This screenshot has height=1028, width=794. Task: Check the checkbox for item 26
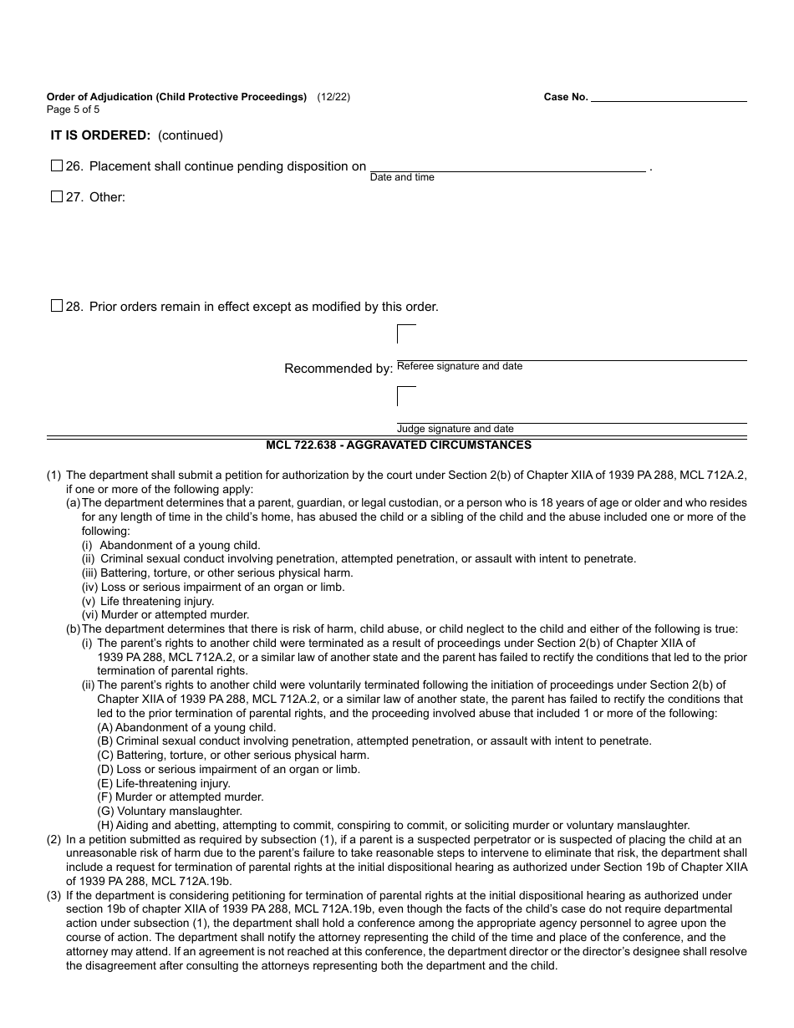[57, 165]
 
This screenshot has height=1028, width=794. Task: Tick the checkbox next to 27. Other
[57, 197]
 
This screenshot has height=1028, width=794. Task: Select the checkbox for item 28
[57, 306]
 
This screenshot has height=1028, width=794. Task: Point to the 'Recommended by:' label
[338, 369]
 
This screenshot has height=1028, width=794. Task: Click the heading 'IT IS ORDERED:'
[101, 135]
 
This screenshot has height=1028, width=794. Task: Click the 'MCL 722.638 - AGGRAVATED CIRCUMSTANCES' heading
[398, 445]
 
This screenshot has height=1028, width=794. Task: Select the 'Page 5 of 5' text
[73, 109]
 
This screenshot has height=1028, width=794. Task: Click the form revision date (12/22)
[333, 97]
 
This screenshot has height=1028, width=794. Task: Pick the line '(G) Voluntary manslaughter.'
[170, 811]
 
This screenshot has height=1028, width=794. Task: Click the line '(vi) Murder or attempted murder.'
[165, 615]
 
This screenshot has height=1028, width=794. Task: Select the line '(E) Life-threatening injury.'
[164, 783]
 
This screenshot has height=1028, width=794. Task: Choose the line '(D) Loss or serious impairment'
[228, 769]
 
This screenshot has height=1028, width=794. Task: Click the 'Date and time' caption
[402, 177]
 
